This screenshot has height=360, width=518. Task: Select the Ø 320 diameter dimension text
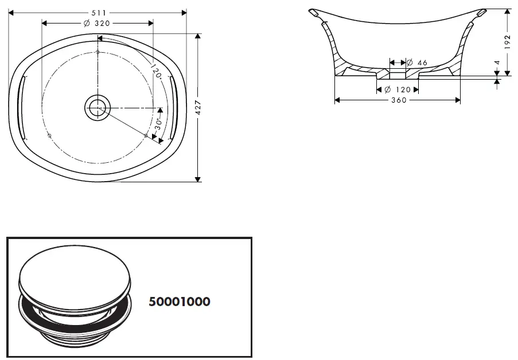coord(96,23)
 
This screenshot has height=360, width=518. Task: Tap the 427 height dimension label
coord(198,108)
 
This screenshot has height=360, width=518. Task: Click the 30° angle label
coord(159,124)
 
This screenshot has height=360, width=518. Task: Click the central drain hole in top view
coord(97,107)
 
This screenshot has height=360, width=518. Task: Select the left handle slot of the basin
coord(22,107)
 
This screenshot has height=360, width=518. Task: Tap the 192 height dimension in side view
coord(507,41)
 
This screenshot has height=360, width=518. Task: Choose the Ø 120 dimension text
coord(398,90)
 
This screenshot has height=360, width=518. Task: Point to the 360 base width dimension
coord(398,100)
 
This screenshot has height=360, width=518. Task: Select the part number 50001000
coord(179,302)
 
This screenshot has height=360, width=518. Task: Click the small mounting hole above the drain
coord(98,53)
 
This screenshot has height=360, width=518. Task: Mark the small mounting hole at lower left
coord(49,136)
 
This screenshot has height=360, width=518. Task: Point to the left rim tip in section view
coord(314,12)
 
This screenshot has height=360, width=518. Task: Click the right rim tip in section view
coord(481,12)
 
